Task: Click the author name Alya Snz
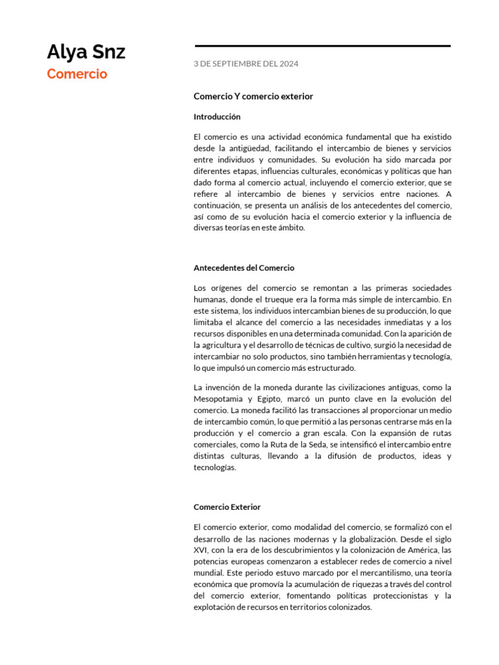(x=86, y=52)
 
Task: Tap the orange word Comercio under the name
(x=77, y=74)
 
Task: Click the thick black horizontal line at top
(x=322, y=46)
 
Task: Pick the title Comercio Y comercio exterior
(x=253, y=96)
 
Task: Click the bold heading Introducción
(x=217, y=117)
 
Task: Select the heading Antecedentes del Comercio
(x=244, y=268)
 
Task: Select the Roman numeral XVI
(x=200, y=549)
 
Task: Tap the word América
(x=416, y=549)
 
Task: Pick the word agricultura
(x=227, y=345)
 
